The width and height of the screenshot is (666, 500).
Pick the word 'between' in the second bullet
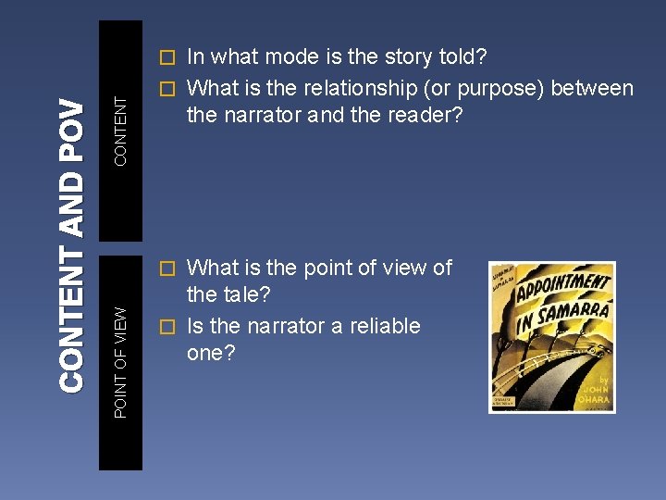coord(597,89)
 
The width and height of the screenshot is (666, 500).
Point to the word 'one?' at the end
coord(212,355)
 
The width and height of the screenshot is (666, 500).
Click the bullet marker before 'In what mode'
coord(166,57)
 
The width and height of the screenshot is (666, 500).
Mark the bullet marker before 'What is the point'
coord(166,269)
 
